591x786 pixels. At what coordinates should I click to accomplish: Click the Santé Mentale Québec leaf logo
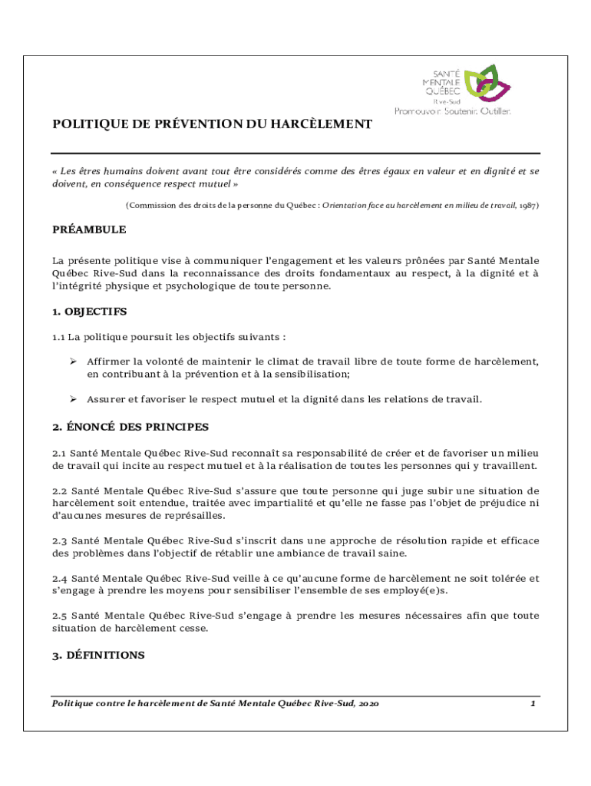click(x=487, y=82)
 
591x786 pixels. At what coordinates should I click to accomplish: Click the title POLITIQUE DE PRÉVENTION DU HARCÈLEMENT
click(x=212, y=124)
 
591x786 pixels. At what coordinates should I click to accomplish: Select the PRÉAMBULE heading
click(x=89, y=230)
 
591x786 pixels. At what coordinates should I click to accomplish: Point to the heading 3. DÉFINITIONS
click(x=98, y=656)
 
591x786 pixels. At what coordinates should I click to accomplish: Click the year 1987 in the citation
click(x=529, y=206)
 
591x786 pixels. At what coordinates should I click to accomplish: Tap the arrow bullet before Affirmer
click(x=73, y=361)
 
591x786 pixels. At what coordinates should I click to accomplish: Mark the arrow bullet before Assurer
click(x=73, y=399)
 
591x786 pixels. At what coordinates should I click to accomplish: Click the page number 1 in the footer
click(x=533, y=703)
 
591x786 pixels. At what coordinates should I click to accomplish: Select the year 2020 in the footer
click(x=367, y=703)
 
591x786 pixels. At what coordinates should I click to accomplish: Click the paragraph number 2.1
click(x=60, y=453)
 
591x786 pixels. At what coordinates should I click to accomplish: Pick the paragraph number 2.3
click(x=60, y=540)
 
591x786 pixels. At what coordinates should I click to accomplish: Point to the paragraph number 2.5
click(x=60, y=616)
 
